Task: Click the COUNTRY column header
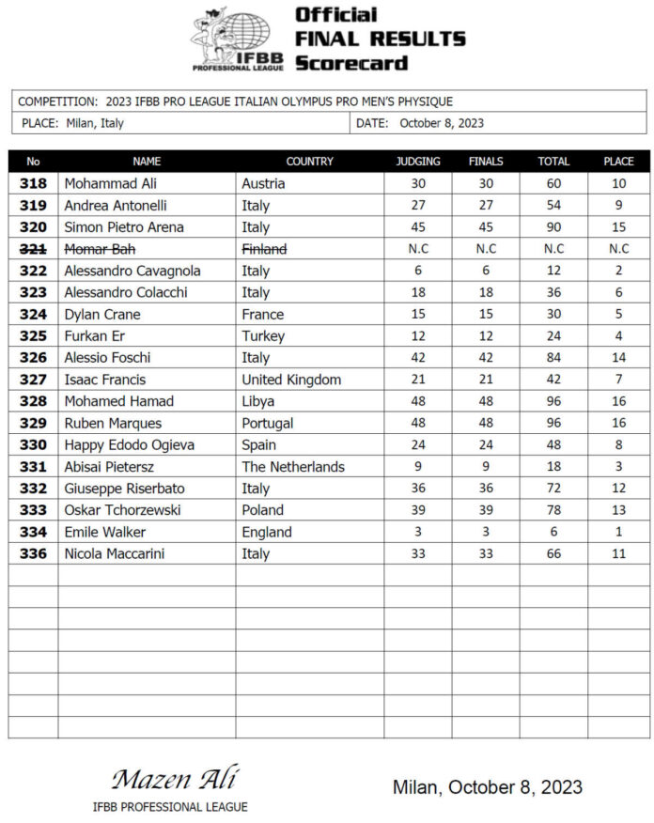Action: tap(309, 162)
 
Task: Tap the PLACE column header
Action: tap(618, 162)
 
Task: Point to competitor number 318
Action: tap(33, 183)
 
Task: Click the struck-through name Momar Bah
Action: tap(98, 249)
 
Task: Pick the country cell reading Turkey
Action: tap(263, 335)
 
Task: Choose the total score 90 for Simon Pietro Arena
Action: tap(553, 227)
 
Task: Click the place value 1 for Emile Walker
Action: tap(618, 532)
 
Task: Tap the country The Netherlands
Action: tap(293, 467)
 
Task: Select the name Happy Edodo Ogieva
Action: tap(129, 444)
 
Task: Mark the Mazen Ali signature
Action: tap(175, 780)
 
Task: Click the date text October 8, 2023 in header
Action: tap(442, 123)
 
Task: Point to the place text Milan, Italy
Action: tap(95, 123)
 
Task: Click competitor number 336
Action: tap(33, 553)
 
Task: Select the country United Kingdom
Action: tap(291, 380)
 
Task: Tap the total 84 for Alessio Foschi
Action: tap(553, 358)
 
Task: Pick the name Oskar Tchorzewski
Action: tap(122, 510)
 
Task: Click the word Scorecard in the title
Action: tap(351, 63)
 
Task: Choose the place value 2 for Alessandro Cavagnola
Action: tap(618, 271)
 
